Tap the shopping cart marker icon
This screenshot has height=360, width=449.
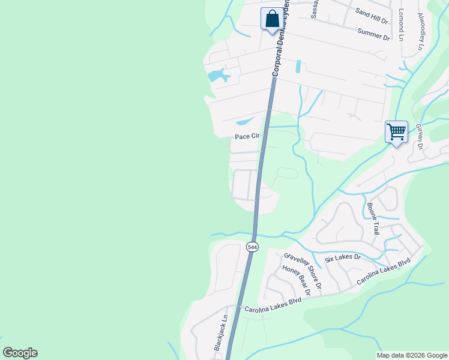[396, 132]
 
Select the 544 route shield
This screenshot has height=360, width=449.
[252, 246]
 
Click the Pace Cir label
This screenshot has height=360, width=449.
[247, 137]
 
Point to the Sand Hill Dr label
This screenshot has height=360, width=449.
[372, 16]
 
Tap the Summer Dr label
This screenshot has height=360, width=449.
[373, 34]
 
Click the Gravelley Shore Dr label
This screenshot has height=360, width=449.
[303, 270]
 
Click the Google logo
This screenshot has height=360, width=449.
[20, 353]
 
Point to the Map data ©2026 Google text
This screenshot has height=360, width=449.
[412, 355]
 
